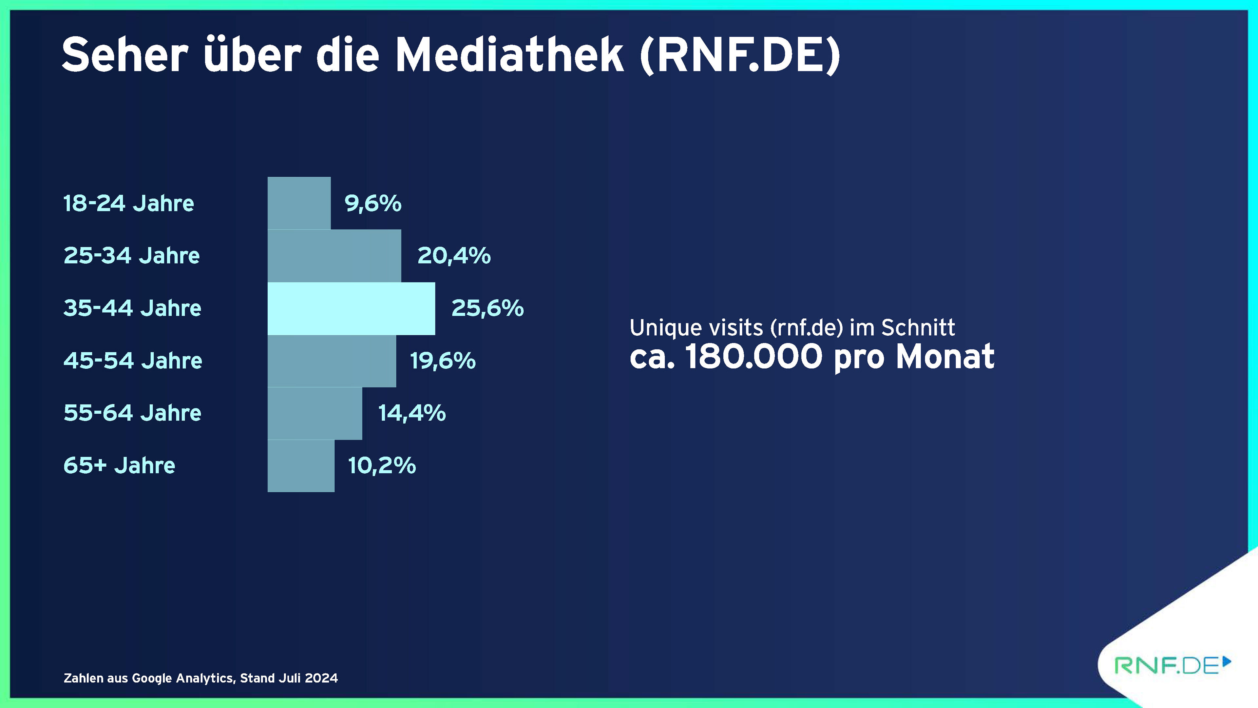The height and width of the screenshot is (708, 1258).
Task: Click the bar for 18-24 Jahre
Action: (x=299, y=203)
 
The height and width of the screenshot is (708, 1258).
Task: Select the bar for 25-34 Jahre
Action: (x=334, y=256)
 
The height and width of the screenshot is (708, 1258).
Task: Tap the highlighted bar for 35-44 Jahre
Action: (x=351, y=309)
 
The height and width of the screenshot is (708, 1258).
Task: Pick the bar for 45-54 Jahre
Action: (x=332, y=361)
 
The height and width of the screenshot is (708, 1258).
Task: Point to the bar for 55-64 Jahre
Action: (x=315, y=413)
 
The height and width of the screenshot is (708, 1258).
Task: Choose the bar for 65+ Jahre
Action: (x=301, y=466)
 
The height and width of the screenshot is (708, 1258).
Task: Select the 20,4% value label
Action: (x=454, y=256)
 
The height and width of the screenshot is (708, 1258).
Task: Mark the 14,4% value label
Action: (x=412, y=413)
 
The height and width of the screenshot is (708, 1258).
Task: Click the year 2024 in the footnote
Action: (x=321, y=678)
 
